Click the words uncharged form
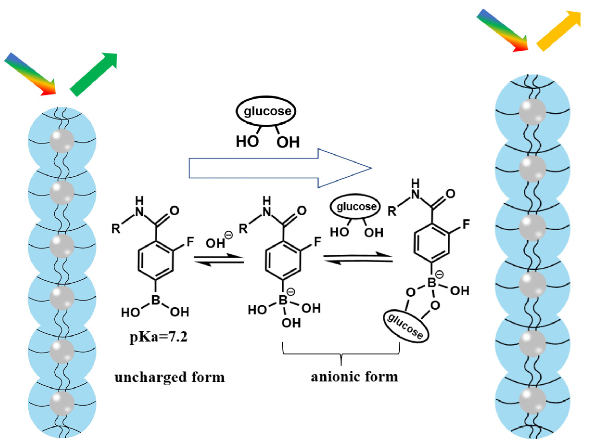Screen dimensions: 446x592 pyautogui.click(x=170, y=377)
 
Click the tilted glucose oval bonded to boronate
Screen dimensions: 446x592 pyautogui.click(x=406, y=327)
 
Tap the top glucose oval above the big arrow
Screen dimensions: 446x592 pyautogui.click(x=266, y=111)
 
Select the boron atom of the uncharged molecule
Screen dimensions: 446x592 pyautogui.click(x=156, y=300)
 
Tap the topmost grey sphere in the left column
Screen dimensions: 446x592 pyautogui.click(x=62, y=141)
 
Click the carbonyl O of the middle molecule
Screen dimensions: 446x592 pyautogui.click(x=302, y=211)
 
